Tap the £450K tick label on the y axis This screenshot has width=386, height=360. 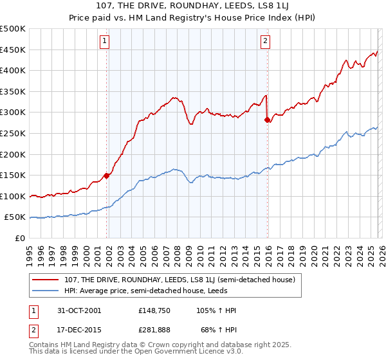click(x=13, y=50)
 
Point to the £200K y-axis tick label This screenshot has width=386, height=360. click(x=13, y=154)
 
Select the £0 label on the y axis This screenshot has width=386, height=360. click(x=19, y=238)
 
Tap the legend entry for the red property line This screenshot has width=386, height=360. click(x=179, y=280)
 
